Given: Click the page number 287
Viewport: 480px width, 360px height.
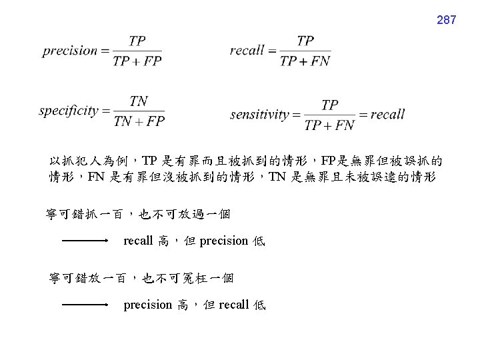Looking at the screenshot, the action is click(x=446, y=20).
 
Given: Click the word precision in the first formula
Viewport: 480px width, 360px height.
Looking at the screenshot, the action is click(x=70, y=51).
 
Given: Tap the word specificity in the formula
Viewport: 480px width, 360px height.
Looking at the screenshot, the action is click(x=69, y=111).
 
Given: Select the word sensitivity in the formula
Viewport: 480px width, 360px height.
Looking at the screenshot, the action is click(x=259, y=114).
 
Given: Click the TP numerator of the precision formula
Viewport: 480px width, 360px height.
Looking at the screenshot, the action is click(x=137, y=41).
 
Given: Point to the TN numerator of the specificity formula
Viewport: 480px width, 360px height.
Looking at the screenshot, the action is click(x=139, y=101).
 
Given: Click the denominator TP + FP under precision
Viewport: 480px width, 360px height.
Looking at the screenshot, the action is click(x=137, y=61).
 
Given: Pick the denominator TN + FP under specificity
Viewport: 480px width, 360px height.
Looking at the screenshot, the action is click(x=139, y=121).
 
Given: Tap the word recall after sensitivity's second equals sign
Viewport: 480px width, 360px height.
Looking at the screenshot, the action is click(x=387, y=114).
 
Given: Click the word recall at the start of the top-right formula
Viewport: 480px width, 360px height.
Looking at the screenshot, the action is click(x=247, y=50).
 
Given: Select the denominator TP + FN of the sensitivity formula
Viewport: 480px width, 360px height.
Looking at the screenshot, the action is click(x=329, y=125).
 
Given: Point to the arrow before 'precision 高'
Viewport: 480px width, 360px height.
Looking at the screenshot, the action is click(x=85, y=305).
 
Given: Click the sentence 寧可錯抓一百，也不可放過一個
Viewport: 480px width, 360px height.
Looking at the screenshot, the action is click(x=138, y=214).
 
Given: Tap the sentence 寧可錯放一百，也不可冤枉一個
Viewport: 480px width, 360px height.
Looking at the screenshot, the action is click(x=141, y=277).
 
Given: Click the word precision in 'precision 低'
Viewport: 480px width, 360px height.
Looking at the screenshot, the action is click(x=223, y=241).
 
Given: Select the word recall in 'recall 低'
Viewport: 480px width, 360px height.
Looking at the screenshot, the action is click(x=233, y=305).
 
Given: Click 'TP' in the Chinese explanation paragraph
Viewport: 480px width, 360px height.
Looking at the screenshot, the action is click(x=150, y=161).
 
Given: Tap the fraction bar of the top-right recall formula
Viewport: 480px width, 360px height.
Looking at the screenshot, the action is click(x=305, y=51).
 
